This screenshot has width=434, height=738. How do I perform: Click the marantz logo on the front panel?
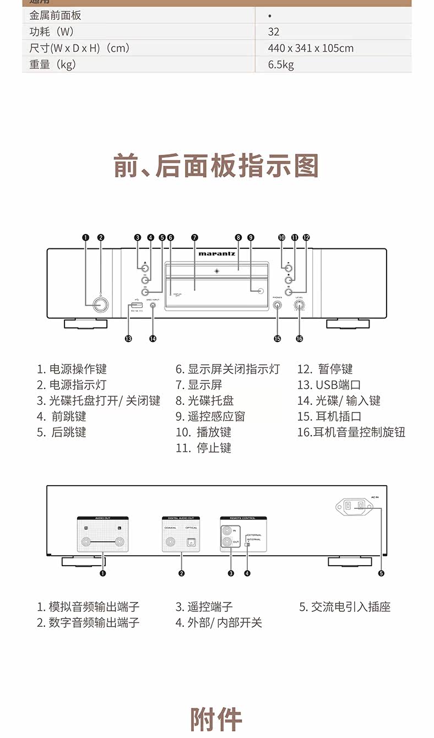(x=217, y=254)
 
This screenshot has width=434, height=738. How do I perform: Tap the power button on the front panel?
(x=100, y=305)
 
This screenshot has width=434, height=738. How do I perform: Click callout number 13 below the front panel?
(x=128, y=339)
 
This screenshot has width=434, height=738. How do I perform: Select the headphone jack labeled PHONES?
(x=277, y=304)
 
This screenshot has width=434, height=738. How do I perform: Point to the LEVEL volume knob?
(x=300, y=304)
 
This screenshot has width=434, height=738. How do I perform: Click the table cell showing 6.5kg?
(x=281, y=64)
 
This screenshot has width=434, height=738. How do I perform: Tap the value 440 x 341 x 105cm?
(x=311, y=48)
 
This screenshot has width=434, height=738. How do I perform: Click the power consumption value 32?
(x=274, y=32)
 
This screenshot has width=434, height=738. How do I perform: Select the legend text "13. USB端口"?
(x=329, y=385)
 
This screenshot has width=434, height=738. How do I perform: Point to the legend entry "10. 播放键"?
(x=204, y=432)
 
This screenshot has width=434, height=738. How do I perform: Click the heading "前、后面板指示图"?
(x=216, y=166)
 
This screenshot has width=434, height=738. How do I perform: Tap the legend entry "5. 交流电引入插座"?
(x=345, y=607)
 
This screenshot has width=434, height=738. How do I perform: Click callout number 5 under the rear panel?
(x=381, y=573)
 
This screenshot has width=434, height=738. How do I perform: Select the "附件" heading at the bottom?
(x=216, y=719)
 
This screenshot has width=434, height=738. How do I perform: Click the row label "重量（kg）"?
(x=53, y=64)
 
